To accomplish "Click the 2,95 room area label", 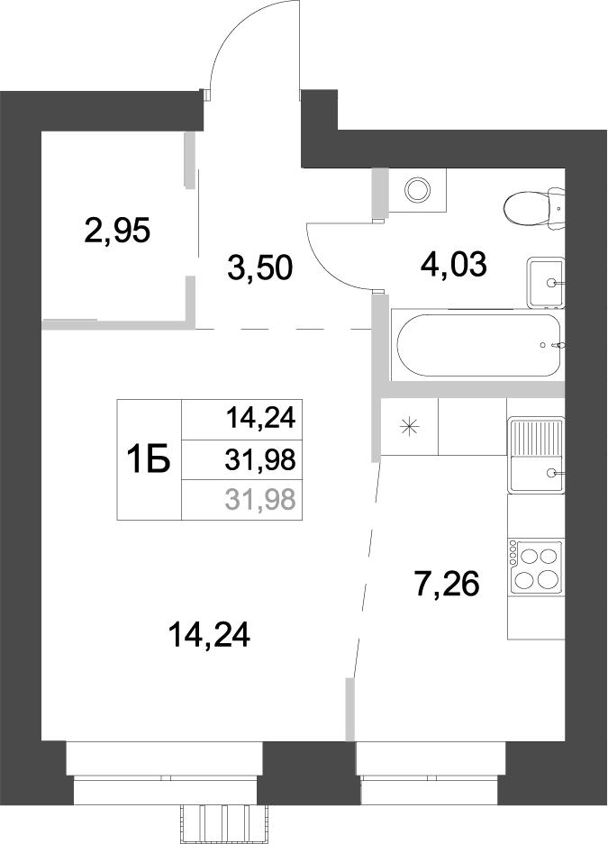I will coord(116,232).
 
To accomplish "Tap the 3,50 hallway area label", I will coord(260,268).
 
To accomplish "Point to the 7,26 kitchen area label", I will coord(447,585).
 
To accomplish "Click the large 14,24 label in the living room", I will coord(208,636).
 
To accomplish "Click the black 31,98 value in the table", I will coord(260,460).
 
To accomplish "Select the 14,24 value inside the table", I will coord(261,420).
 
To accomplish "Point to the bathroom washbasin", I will coord(546,281).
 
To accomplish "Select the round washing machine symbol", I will coord(417,189).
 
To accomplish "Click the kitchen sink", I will coord(536,456).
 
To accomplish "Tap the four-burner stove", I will coord(536,567).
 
